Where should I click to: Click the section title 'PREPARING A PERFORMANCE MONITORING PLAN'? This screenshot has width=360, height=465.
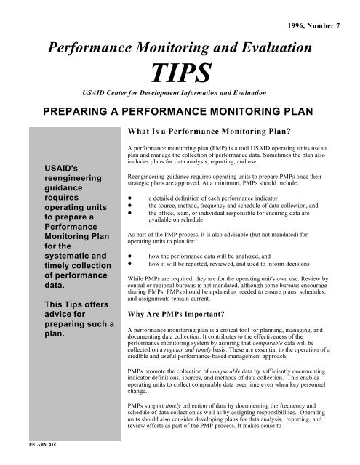pyautogui.click(x=180, y=112)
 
